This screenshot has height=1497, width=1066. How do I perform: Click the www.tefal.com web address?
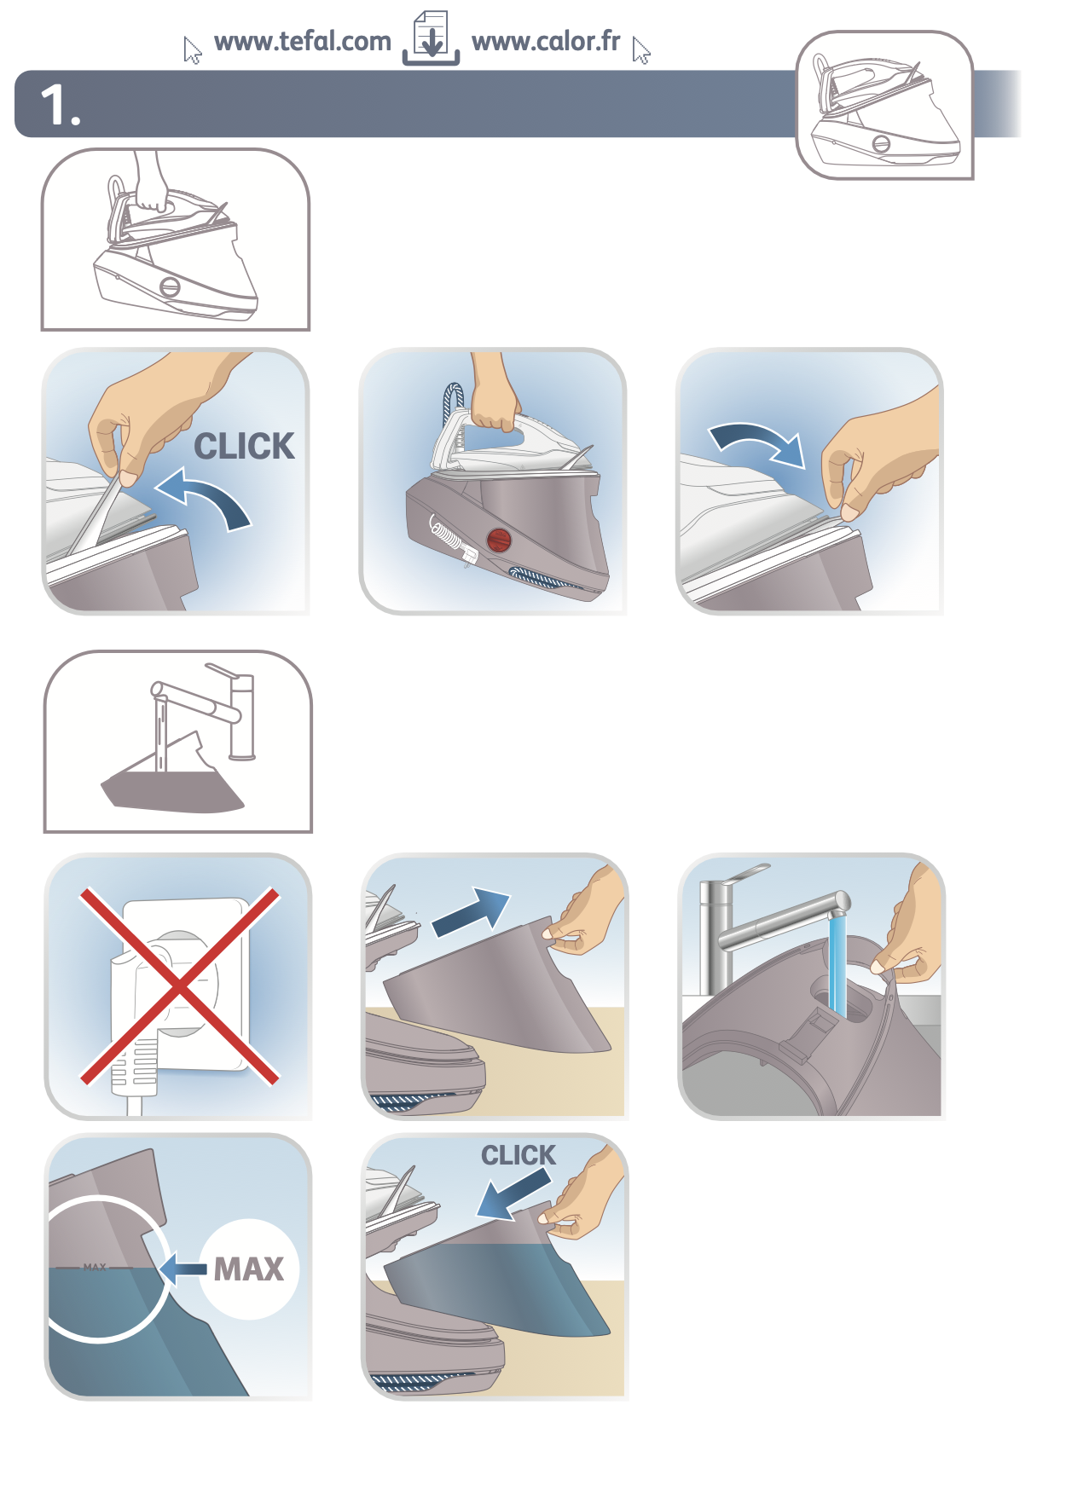coord(302,42)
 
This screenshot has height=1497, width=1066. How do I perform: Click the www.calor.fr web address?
coord(546,42)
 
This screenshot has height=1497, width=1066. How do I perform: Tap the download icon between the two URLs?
coord(432,39)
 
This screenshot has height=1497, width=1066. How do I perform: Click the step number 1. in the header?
coord(61,106)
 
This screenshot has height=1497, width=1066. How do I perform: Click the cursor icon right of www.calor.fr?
coord(641,52)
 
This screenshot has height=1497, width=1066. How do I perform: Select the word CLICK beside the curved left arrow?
coord(244,446)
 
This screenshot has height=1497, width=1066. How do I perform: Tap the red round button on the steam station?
coord(498,540)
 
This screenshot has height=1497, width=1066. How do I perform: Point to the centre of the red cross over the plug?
coord(180,986)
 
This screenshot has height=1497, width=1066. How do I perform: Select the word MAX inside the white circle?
coord(248,1269)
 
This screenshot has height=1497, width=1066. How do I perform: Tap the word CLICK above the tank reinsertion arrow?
coord(518,1155)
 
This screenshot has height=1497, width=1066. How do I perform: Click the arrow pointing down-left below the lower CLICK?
coord(512,1194)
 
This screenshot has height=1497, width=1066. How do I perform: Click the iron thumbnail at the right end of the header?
coord(884,106)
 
